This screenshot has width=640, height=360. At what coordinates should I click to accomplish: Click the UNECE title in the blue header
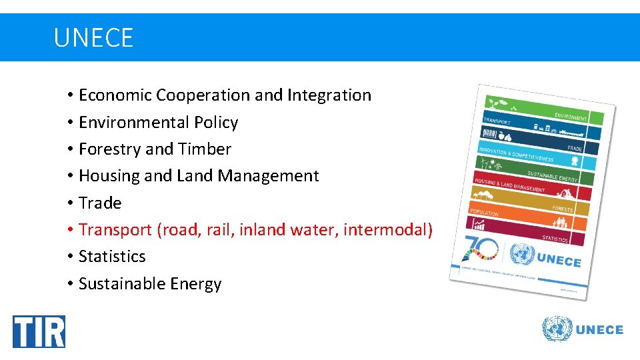point(93,38)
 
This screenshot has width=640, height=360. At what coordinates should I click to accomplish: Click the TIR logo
point(39,331)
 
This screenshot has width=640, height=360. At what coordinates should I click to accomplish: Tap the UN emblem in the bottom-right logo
point(557,330)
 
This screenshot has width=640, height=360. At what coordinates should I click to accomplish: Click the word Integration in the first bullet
point(329,95)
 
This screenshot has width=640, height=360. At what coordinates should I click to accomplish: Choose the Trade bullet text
point(100,203)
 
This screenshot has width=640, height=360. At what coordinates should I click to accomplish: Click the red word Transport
point(115,230)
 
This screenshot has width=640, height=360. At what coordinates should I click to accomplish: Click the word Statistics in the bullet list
point(112,257)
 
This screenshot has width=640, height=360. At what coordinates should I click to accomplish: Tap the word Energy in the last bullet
point(195,284)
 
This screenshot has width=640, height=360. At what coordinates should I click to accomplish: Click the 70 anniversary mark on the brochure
point(479,251)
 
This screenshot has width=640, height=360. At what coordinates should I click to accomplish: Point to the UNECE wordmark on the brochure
point(559,261)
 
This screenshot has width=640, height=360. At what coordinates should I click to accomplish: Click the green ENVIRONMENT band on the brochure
point(571,117)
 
